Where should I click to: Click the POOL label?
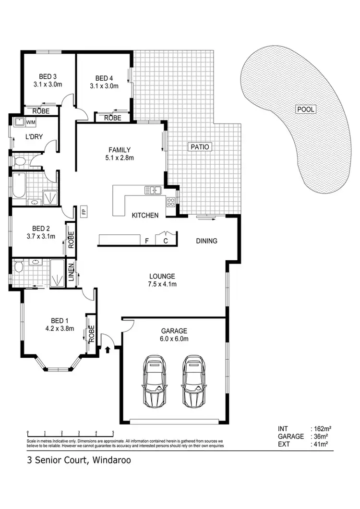tap(306, 109)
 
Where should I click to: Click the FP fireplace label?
tap(83, 212)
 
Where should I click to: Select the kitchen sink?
tap(153, 191)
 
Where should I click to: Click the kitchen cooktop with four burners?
tap(170, 202)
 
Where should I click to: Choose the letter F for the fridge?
tap(146, 242)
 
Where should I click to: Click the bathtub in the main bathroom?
tap(19, 185)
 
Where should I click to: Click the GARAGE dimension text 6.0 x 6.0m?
tap(174, 339)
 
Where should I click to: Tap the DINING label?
tap(207, 241)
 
